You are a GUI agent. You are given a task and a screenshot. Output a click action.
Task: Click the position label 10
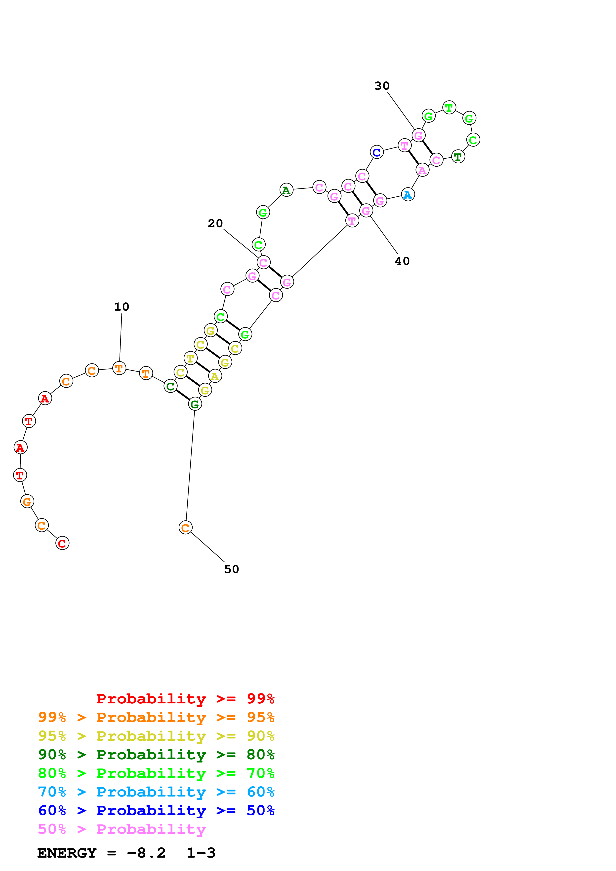pyautogui.click(x=122, y=307)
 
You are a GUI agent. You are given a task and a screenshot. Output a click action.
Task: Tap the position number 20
pyautogui.click(x=215, y=223)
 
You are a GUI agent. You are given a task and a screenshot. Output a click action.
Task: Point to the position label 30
pyautogui.click(x=382, y=86)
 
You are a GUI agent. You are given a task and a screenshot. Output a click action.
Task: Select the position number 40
pyautogui.click(x=402, y=261)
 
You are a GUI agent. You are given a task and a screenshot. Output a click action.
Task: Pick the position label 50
pyautogui.click(x=232, y=569)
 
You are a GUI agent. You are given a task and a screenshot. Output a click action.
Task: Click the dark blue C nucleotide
pyautogui.click(x=376, y=152)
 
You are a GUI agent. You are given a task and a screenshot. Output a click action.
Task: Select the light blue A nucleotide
pyautogui.click(x=408, y=195)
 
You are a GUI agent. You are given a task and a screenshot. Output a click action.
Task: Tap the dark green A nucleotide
pyautogui.click(x=286, y=190)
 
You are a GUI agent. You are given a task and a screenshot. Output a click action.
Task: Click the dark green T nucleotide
pyautogui.click(x=458, y=157)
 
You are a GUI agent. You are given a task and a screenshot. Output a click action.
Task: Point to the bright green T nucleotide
pyautogui.click(x=449, y=108)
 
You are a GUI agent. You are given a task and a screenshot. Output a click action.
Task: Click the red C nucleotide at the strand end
pyautogui.click(x=62, y=543)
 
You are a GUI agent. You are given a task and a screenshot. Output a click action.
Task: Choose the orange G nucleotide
pyautogui.click(x=27, y=502)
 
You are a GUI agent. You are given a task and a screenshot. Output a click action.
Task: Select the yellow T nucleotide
pyautogui.click(x=190, y=358)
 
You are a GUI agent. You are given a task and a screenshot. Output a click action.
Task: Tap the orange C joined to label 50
pyautogui.click(x=185, y=527)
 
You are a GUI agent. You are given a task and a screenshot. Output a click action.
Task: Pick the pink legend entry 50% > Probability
pyautogui.click(x=122, y=829)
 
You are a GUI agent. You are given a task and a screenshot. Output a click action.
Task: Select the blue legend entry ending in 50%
pyautogui.click(x=156, y=810)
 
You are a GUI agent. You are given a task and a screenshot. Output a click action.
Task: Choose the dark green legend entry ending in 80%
pyautogui.click(x=156, y=755)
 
